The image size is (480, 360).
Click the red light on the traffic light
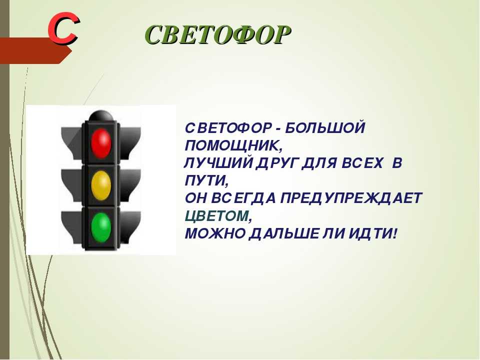coord(101,143)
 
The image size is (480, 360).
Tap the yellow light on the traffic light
coord(101,185)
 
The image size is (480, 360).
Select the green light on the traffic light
coord(101,228)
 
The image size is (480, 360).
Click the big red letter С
coord(63,28)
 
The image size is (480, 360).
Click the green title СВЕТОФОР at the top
coord(217,34)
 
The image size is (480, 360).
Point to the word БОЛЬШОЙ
coord(325,127)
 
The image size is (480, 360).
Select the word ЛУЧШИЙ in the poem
coord(218,163)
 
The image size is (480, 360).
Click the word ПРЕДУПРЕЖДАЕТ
coord(351,198)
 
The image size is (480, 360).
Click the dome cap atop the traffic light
coord(100,115)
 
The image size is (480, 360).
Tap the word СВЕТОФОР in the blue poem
coord(228,127)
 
